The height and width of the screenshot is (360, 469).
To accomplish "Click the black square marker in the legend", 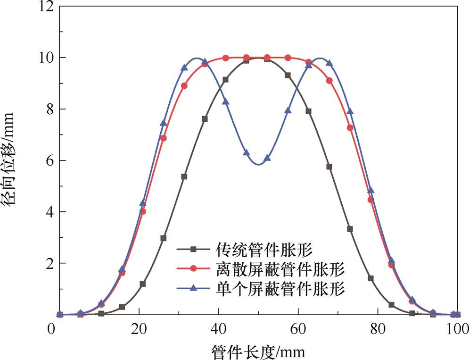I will coord(193,249).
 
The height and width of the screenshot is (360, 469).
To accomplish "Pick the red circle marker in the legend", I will coord(193,268).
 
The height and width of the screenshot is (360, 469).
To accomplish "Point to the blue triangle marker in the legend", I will coord(193,288).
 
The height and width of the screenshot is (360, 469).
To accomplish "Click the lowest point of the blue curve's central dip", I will coord(258,164).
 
